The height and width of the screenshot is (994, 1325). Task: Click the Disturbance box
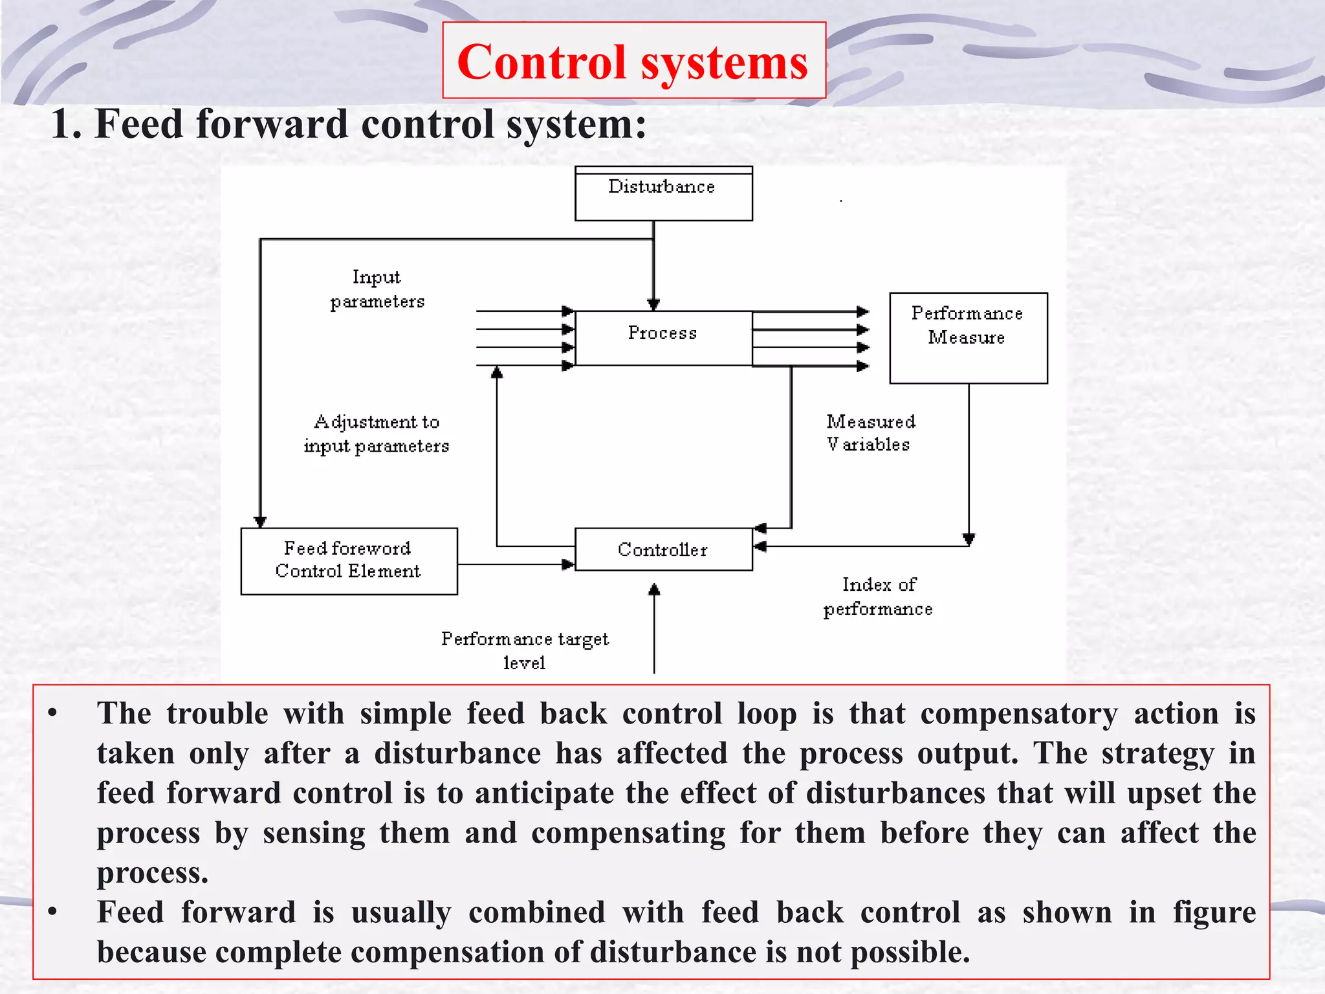(x=663, y=194)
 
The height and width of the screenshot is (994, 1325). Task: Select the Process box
(x=663, y=338)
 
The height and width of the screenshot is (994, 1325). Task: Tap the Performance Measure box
(x=968, y=338)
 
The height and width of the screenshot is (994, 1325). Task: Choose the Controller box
(x=663, y=549)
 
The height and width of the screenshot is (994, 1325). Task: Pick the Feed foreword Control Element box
(x=349, y=561)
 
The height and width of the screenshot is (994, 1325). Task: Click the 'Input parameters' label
(x=377, y=289)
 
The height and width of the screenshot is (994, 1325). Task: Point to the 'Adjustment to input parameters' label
(x=377, y=434)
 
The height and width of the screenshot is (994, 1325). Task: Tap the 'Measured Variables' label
(x=870, y=433)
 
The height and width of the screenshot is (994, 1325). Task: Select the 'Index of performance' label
(x=878, y=597)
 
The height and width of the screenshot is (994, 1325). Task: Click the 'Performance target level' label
(x=525, y=650)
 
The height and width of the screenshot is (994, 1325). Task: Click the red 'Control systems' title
(x=633, y=62)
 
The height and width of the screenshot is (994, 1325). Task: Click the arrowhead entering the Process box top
(x=653, y=304)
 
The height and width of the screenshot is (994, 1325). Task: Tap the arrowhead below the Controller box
(x=654, y=589)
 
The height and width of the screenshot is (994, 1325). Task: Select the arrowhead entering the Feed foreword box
(x=260, y=522)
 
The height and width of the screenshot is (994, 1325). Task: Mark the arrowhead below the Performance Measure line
(x=969, y=539)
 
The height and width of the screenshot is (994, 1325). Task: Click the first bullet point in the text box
(x=52, y=714)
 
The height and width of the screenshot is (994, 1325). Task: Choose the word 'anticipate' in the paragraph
(x=544, y=793)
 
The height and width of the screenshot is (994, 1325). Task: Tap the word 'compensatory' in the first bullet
(x=1019, y=714)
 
